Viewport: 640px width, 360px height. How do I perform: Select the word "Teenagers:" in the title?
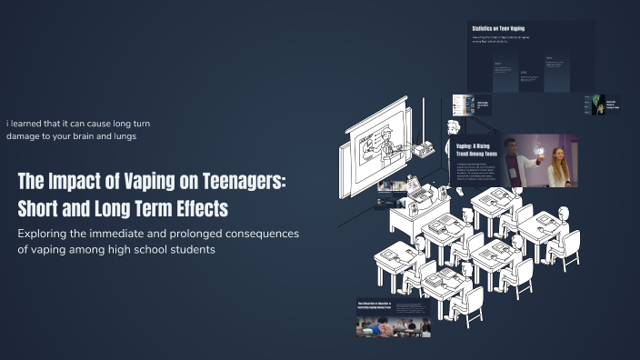coord(245,180)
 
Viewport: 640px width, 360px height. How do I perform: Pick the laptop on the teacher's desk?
coord(420,193)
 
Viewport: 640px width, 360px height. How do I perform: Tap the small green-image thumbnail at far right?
coord(596,105)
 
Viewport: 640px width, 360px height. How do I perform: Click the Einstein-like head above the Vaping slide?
coord(453,127)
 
